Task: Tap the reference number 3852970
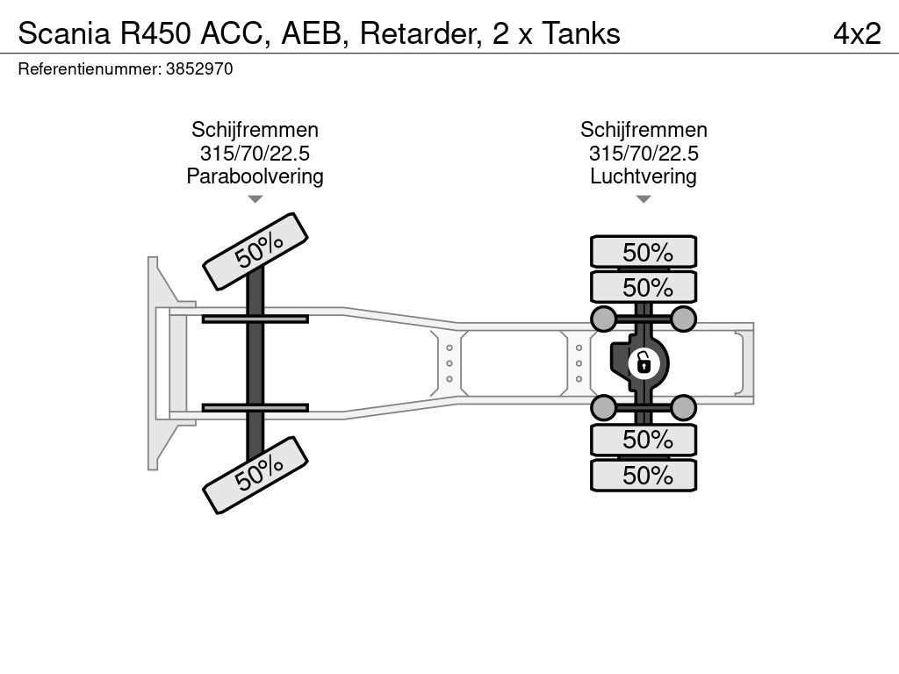[x=198, y=68]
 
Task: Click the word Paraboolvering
[x=255, y=176]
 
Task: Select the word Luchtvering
[x=644, y=176]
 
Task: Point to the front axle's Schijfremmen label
[x=255, y=130]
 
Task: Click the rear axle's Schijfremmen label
[x=644, y=130]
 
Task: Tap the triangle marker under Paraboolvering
[x=255, y=200]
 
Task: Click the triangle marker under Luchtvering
[x=644, y=200]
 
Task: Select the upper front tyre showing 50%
[x=256, y=251]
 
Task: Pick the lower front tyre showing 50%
[x=256, y=475]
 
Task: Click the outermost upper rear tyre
[x=644, y=252]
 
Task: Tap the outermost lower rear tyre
[x=644, y=476]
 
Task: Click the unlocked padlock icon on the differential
[x=644, y=362]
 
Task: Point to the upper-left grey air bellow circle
[x=603, y=318]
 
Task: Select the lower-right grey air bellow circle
[x=683, y=406]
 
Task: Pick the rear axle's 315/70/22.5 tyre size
[x=644, y=154]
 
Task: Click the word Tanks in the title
[x=580, y=33]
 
